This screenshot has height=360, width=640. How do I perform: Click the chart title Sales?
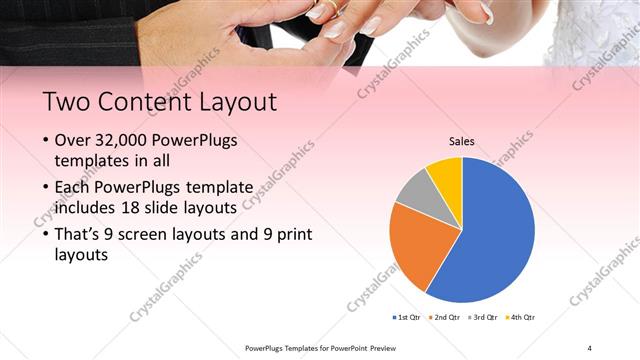coord(461,142)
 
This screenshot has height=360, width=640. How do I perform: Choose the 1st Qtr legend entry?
coord(408,316)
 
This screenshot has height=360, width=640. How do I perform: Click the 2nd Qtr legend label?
coord(446,316)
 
